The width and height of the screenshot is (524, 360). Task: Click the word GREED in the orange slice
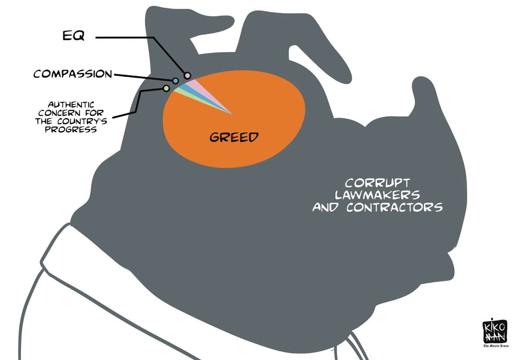[234, 137]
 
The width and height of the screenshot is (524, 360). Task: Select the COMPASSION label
[73, 74]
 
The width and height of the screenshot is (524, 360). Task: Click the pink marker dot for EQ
[187, 76]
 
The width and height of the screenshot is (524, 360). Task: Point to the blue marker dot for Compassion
[175, 81]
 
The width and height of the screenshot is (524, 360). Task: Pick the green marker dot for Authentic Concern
[166, 88]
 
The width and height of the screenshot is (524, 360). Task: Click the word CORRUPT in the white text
[377, 183]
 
